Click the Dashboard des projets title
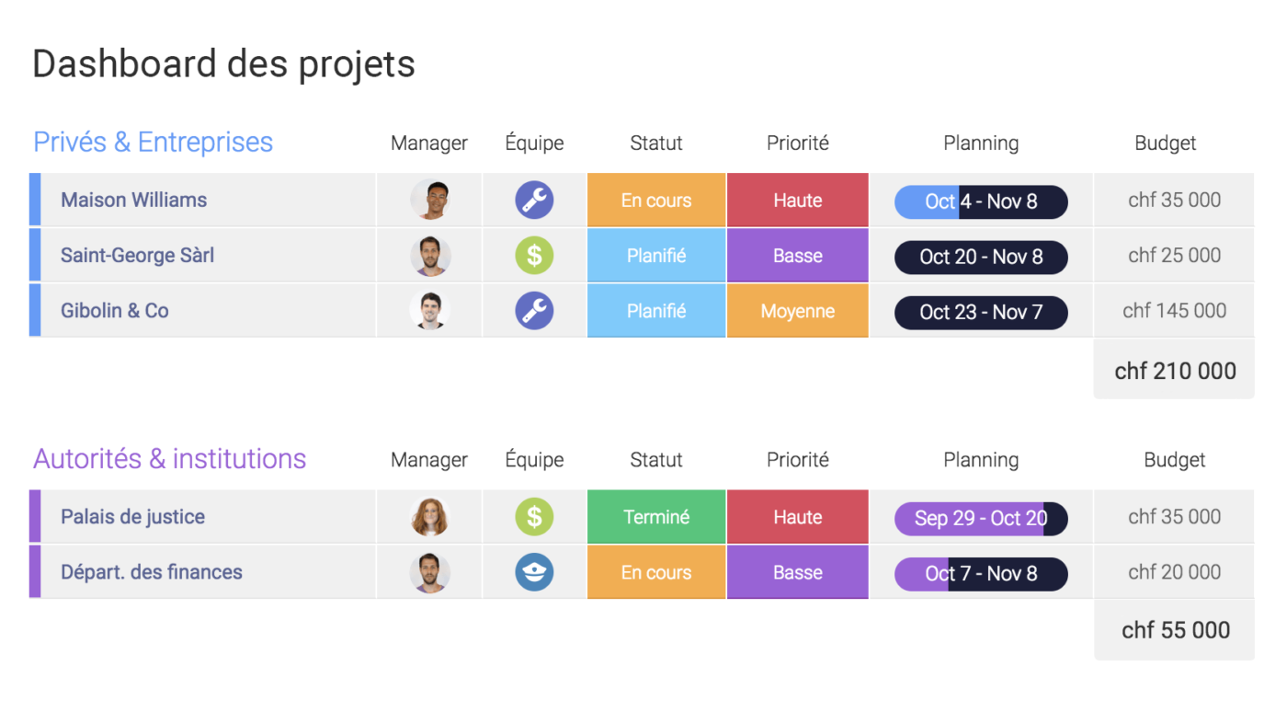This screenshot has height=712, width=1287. (223, 64)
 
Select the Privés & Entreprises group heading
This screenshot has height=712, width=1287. (153, 143)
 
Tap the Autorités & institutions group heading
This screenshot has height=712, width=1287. (169, 459)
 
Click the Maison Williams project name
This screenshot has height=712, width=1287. (133, 201)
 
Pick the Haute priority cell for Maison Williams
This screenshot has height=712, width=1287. (797, 201)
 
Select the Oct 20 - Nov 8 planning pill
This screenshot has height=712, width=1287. (981, 257)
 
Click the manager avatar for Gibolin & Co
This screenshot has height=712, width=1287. (429, 311)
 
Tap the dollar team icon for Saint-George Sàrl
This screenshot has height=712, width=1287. (534, 256)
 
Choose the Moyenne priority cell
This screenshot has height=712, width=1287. (797, 311)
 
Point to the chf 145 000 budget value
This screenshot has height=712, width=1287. (1174, 311)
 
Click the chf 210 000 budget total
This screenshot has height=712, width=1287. (1175, 371)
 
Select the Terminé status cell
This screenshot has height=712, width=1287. (656, 517)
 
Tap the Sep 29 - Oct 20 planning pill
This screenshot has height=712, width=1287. (981, 519)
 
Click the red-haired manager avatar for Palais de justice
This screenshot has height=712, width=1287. (429, 517)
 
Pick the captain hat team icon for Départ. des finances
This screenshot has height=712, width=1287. (534, 572)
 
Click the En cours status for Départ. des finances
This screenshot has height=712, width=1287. (656, 572)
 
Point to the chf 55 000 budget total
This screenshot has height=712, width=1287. (1175, 630)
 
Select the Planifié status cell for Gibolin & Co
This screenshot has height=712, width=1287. (656, 311)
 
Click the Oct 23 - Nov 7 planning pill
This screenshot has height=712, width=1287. (981, 313)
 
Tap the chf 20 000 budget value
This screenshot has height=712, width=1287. (1174, 572)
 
